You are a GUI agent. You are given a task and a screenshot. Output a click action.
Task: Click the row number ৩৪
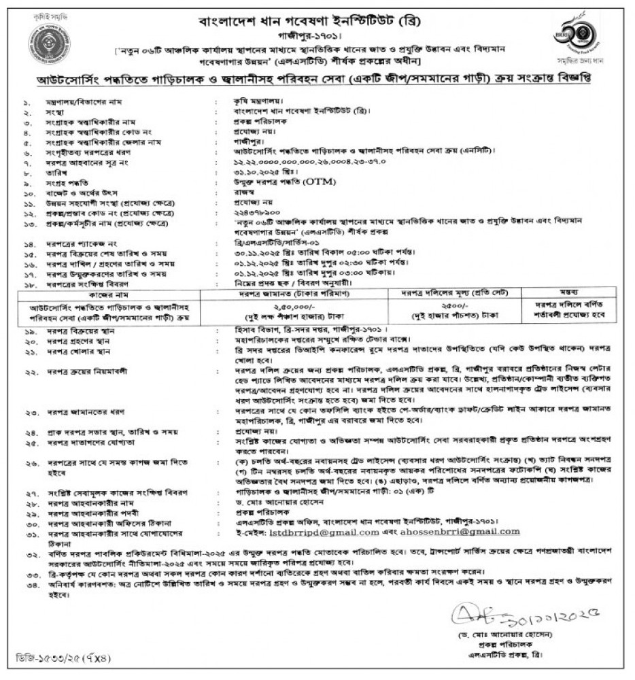coord(27,582)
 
